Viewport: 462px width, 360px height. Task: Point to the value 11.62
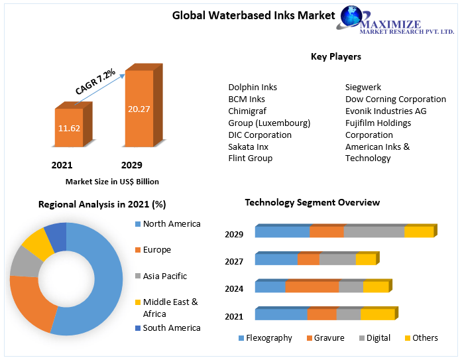click(x=68, y=127)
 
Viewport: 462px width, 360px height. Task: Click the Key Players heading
click(x=335, y=56)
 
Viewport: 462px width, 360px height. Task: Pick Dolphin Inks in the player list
click(x=253, y=88)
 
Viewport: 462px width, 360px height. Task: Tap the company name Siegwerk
click(x=363, y=88)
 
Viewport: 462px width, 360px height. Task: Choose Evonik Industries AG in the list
click(x=386, y=111)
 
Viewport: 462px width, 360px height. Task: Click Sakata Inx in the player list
click(x=248, y=147)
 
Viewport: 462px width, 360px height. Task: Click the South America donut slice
click(x=56, y=237)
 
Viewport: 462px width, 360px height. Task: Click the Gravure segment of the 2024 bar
click(x=312, y=287)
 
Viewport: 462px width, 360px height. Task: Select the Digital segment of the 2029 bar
click(x=374, y=232)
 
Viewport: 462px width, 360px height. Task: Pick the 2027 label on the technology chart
click(x=234, y=262)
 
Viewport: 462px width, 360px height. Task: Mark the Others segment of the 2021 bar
click(x=377, y=314)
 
